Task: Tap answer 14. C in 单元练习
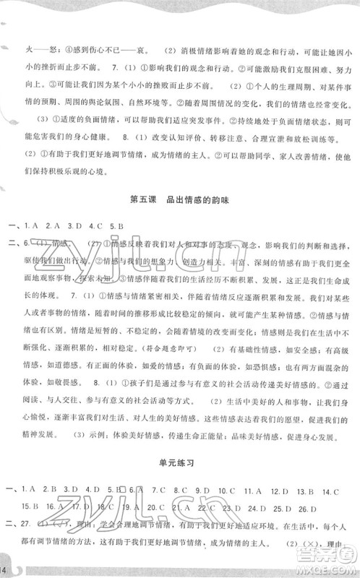point(329,489)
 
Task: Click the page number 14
point(6,570)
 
